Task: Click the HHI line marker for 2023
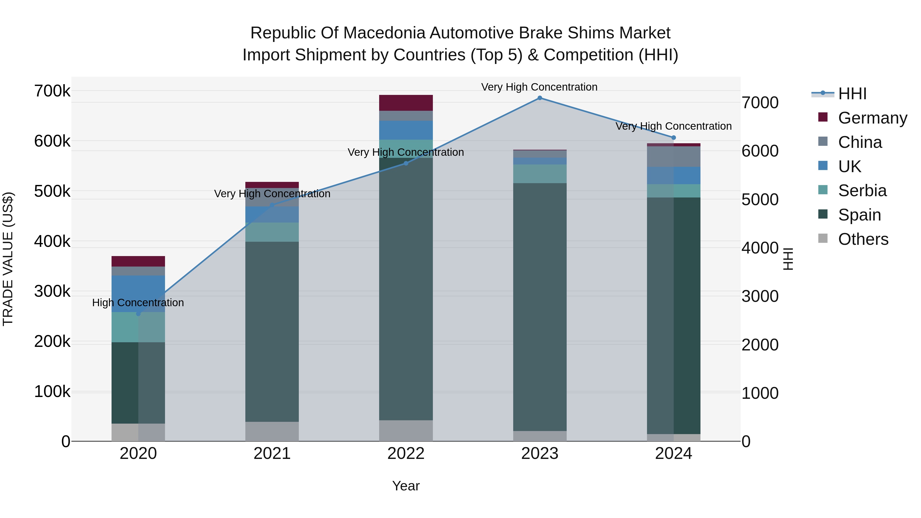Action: pos(540,98)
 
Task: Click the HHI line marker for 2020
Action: pos(138,314)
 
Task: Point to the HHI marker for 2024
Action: pos(674,138)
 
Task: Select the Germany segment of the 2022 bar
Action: pos(406,103)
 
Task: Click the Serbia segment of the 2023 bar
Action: pos(540,174)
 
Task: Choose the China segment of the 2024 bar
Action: pos(674,157)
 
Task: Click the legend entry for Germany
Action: pos(872,118)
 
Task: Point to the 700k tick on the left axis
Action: pos(52,91)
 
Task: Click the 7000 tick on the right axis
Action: pos(760,103)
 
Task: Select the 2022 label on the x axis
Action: pos(406,454)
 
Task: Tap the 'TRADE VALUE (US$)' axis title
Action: pos(8,259)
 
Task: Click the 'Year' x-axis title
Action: pos(406,486)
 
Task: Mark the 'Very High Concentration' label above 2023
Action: pos(539,87)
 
